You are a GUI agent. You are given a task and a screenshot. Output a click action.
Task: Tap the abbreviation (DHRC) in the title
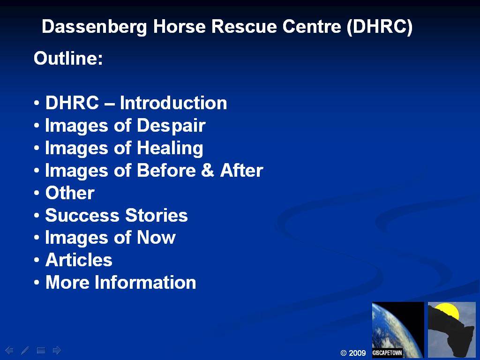click(380, 27)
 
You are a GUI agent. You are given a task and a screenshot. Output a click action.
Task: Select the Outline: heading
click(68, 58)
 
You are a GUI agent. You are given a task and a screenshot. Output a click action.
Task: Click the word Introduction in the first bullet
click(173, 103)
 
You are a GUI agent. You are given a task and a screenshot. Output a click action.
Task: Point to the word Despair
click(171, 126)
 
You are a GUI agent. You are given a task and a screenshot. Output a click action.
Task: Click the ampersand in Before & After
click(208, 170)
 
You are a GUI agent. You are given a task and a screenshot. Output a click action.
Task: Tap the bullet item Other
click(70, 193)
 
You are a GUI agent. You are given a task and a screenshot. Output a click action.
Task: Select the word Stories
click(157, 215)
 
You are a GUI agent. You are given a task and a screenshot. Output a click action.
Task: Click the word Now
click(156, 238)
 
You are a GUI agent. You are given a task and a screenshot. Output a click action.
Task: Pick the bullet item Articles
click(79, 260)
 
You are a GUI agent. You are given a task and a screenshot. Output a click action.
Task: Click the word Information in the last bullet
click(145, 282)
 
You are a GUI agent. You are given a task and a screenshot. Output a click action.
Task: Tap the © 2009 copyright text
click(353, 353)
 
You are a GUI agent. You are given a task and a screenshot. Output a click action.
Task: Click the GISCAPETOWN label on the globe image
click(387, 352)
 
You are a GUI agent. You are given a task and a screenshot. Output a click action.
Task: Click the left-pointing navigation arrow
click(9, 350)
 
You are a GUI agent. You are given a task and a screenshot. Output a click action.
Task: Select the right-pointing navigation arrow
click(57, 350)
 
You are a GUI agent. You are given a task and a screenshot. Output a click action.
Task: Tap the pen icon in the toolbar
click(25, 350)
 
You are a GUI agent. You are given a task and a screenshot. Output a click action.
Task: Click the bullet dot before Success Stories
click(37, 215)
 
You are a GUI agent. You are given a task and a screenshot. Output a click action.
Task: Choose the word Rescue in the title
click(244, 27)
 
